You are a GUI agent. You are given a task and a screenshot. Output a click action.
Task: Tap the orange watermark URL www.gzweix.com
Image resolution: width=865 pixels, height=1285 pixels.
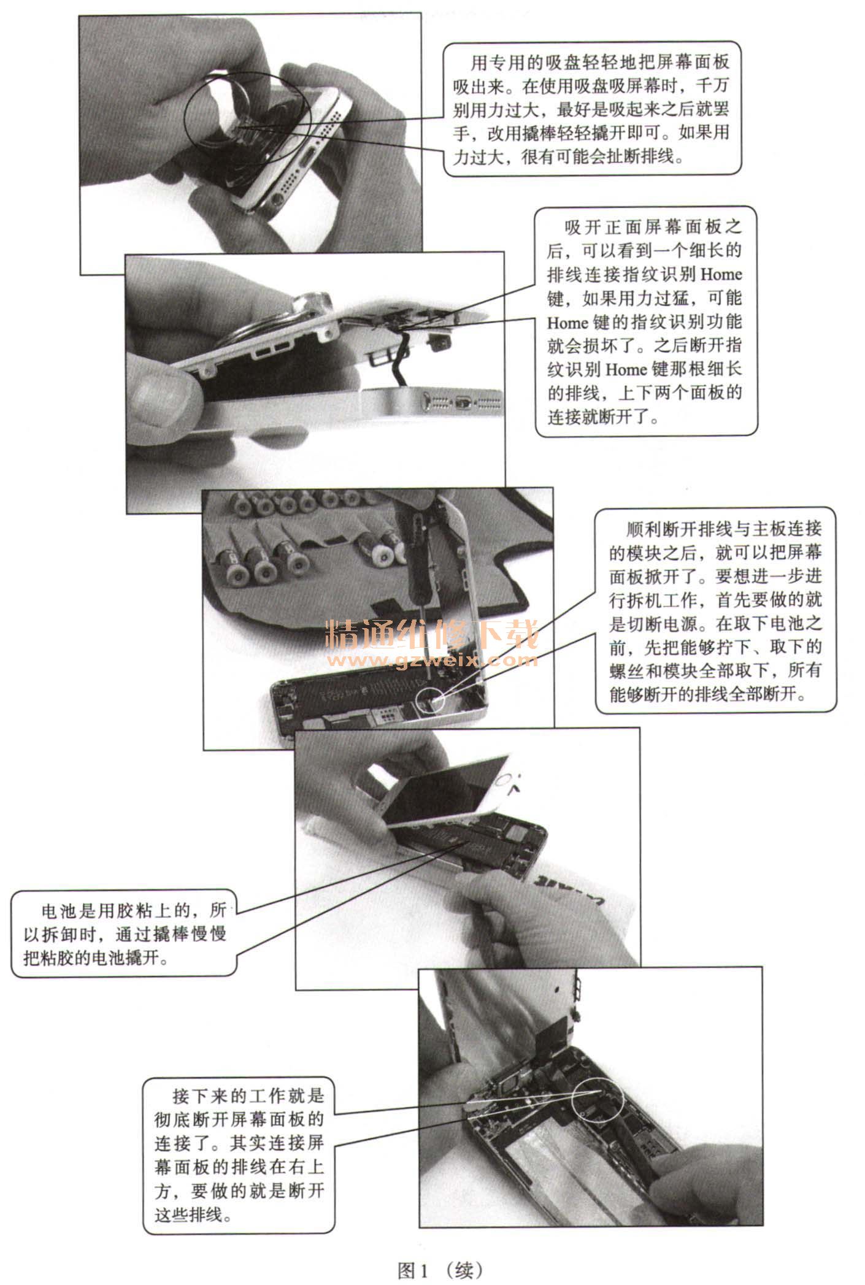(433, 660)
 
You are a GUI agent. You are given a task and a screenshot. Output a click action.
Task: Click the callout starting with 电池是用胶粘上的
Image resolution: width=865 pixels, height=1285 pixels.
(124, 933)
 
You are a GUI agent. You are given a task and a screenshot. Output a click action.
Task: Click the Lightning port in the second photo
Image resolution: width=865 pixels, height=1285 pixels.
(463, 404)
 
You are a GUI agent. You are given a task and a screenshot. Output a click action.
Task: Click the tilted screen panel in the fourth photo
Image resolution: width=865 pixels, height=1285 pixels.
(442, 791)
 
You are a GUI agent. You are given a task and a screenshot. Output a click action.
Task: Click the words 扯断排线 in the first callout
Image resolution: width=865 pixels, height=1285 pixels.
(639, 156)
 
